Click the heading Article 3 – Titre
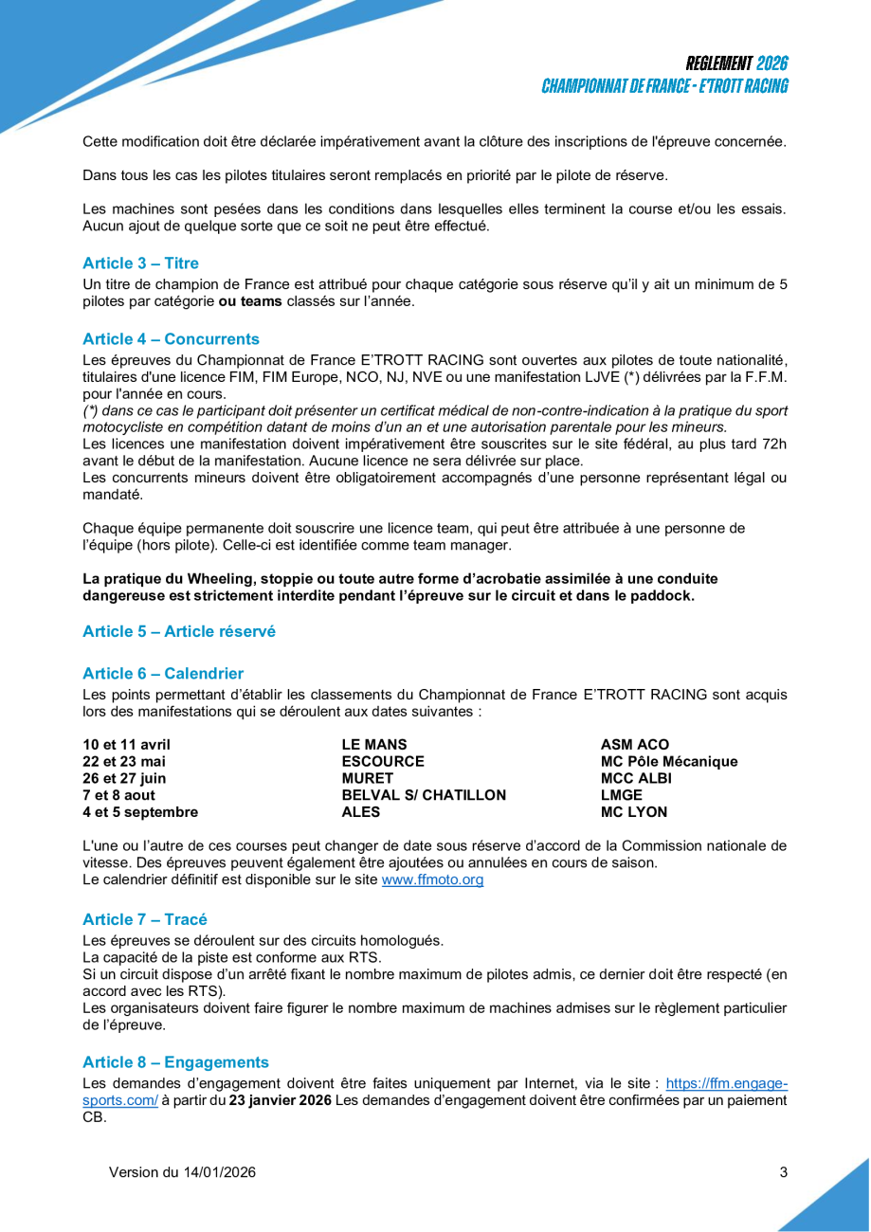pos(140,263)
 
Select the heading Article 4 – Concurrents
pos(171,339)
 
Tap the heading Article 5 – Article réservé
pos(178,631)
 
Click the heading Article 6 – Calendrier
pos(163,674)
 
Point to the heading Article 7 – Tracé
pos(144,919)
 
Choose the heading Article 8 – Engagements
pos(175,1062)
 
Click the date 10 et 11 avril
pos(126,744)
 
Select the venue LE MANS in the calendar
pos(373,744)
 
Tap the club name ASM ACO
pos(634,744)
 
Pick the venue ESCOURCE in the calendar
pos(382,761)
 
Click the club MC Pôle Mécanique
pos(668,761)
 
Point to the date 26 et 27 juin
pos(123,778)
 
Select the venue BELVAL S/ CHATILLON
pos(423,795)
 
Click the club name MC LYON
pos(633,812)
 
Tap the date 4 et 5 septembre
pos(140,812)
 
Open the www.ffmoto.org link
pos(432,880)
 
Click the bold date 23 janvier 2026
pos(281,1100)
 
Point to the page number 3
pos(783,1172)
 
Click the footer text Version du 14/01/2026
pos(182,1172)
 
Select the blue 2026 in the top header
pos(772,63)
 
